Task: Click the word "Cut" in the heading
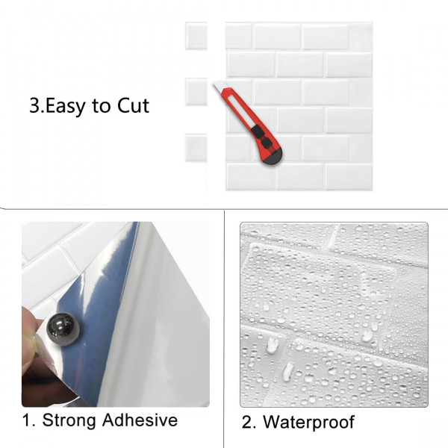[x=133, y=105]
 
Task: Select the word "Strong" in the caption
[x=69, y=421]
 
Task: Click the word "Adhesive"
[x=140, y=420]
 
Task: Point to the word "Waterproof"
[x=308, y=423]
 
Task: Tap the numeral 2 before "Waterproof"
[x=249, y=423]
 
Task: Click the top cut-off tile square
[x=196, y=36]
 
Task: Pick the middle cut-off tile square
[x=196, y=92]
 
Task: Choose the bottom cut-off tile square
[x=196, y=148]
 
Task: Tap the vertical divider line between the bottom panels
[x=224, y=329]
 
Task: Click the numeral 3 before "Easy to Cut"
[x=35, y=106]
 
